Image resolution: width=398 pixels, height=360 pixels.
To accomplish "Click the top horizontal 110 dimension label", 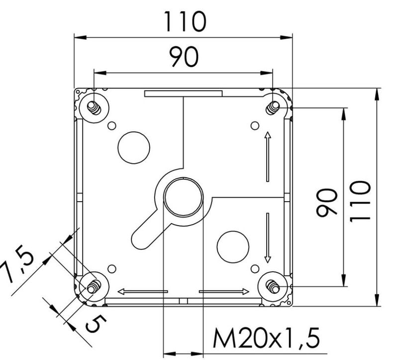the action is pyautogui.click(x=185, y=21).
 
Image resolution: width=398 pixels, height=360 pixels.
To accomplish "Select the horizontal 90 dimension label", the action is pyautogui.click(x=184, y=57).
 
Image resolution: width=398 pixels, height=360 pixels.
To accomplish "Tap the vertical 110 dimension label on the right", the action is pyautogui.click(x=360, y=201).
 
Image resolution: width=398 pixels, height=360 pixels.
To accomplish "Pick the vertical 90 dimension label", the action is pyautogui.click(x=327, y=203).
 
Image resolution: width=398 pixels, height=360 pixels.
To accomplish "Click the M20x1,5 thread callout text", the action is pyautogui.click(x=266, y=338).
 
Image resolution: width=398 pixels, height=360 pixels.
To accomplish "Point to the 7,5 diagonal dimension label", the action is pyautogui.click(x=18, y=266).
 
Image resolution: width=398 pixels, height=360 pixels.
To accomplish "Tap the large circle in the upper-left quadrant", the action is pyautogui.click(x=134, y=147).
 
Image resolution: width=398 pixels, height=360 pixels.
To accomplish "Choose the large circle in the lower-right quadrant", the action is pyautogui.click(x=233, y=246).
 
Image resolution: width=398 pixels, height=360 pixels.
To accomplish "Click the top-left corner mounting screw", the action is pyautogui.click(x=94, y=108).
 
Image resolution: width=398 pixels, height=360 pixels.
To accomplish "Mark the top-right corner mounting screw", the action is pyautogui.click(x=273, y=107).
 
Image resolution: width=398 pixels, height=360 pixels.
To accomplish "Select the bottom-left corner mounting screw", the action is pyautogui.click(x=94, y=287).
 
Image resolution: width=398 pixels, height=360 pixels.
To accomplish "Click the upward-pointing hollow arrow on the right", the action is pyautogui.click(x=268, y=156).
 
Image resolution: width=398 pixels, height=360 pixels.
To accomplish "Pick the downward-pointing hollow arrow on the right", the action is pyautogui.click(x=268, y=238).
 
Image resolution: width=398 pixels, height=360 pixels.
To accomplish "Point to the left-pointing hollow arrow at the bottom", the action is pyautogui.click(x=143, y=291).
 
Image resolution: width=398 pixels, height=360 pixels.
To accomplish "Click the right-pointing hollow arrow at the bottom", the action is pyautogui.click(x=224, y=291).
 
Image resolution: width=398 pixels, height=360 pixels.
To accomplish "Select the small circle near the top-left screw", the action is pyautogui.click(x=112, y=125).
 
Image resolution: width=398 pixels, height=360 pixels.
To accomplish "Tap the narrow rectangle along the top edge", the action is pyautogui.click(x=184, y=94).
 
